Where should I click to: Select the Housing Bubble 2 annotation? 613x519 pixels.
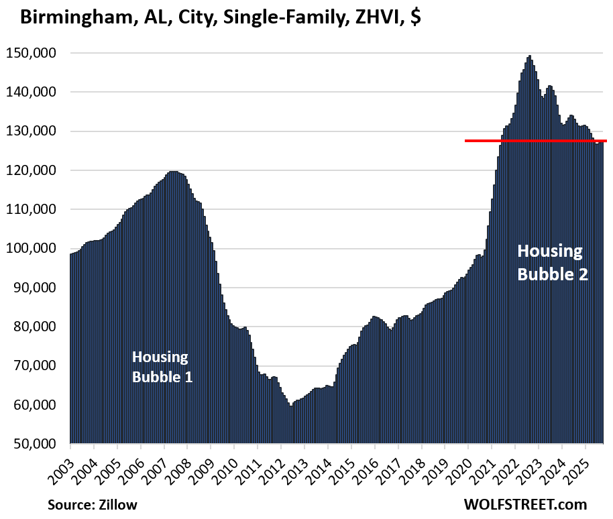552,262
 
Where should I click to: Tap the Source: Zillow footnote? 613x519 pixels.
87,504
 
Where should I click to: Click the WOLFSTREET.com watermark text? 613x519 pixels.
524,504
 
